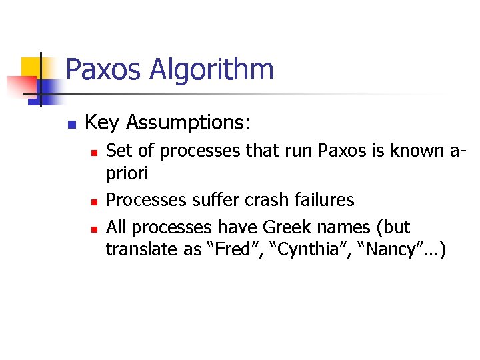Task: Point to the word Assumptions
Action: click(x=189, y=123)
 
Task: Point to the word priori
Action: click(x=127, y=175)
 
